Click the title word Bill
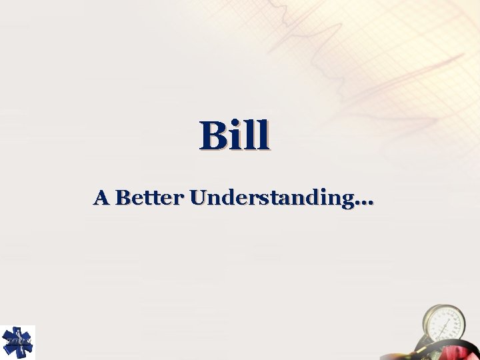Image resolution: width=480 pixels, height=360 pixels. pyautogui.click(x=235, y=135)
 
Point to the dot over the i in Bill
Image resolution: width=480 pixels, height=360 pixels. pyautogui.click(x=237, y=123)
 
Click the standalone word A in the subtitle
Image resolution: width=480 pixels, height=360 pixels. pyautogui.click(x=101, y=197)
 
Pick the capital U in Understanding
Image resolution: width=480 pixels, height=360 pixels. pyautogui.click(x=198, y=197)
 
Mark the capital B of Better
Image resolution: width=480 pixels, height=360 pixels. pyautogui.click(x=122, y=197)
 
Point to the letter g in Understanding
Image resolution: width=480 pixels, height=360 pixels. pyautogui.click(x=348, y=201)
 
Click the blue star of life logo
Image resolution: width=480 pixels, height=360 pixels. pyautogui.click(x=17, y=342)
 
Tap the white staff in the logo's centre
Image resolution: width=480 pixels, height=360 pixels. pyautogui.click(x=17, y=342)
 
